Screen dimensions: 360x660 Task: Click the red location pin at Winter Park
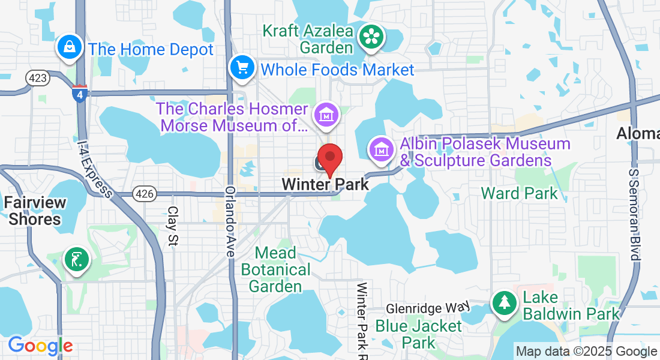(x=329, y=158)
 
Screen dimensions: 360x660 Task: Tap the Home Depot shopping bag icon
(x=70, y=47)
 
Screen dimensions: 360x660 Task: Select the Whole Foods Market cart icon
(x=242, y=68)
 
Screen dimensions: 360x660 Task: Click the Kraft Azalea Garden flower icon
(x=372, y=37)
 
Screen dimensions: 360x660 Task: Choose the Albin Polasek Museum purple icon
(x=382, y=150)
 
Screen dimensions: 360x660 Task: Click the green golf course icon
(x=77, y=261)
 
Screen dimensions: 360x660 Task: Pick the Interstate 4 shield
(x=80, y=93)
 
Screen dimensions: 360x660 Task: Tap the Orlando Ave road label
(x=230, y=222)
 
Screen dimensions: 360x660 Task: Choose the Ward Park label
(x=519, y=193)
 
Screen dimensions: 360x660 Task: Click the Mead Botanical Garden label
(x=275, y=269)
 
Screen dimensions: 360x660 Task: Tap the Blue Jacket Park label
(x=418, y=334)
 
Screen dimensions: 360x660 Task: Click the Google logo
(x=40, y=346)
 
